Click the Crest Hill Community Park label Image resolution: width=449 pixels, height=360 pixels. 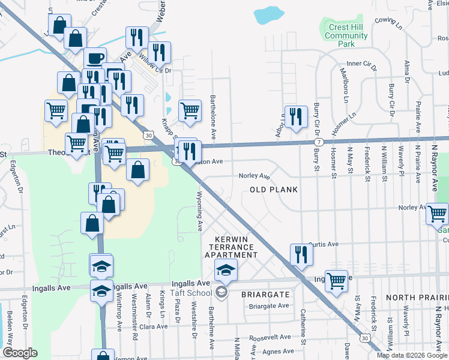346,35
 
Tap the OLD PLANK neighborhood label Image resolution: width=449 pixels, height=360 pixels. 274,190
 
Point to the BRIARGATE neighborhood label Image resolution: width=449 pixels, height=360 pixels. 266,295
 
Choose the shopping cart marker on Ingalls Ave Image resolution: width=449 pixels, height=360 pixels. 337,280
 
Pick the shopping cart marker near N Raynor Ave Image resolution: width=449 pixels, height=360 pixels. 437,213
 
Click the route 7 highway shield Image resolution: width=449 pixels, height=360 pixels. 317,142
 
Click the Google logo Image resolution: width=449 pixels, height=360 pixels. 20,353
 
